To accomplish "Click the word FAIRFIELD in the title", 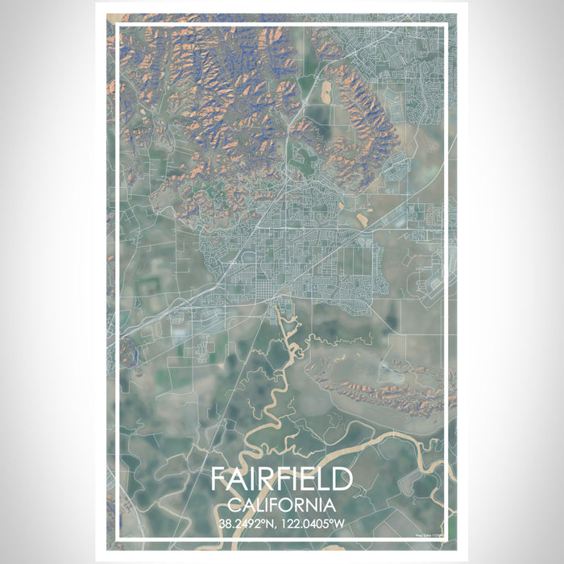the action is [x=282, y=479].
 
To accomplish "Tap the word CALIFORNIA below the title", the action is [x=282, y=505].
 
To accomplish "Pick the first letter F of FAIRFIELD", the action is [x=219, y=479].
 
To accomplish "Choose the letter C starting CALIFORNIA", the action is [x=234, y=505].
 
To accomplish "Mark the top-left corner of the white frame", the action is [x=118, y=26].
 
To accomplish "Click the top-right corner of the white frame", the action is [x=446, y=26].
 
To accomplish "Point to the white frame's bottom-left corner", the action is [x=118, y=539].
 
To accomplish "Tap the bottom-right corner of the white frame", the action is [x=446, y=539].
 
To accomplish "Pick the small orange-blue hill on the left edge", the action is [x=126, y=348].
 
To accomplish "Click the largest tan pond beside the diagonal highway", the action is [x=358, y=216].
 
